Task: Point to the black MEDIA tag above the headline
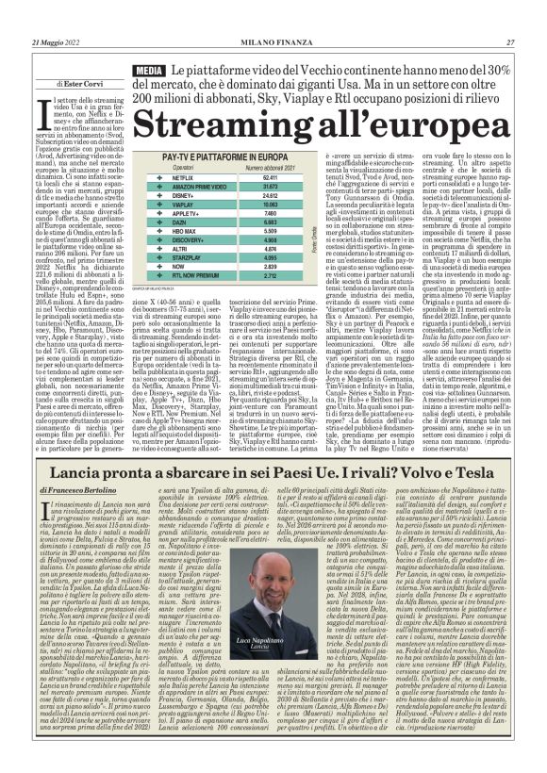pyautogui.click(x=151, y=72)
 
